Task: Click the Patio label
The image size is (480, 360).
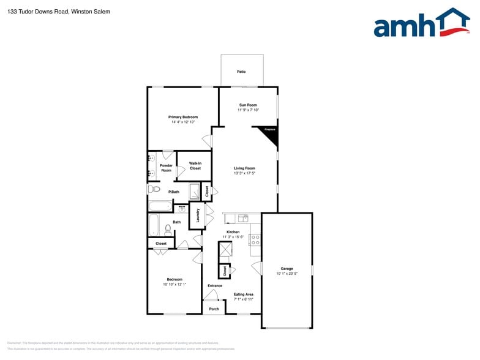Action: (x=241, y=72)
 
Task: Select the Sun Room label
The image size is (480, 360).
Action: (x=247, y=105)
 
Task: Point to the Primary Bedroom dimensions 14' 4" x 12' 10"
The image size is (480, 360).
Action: (x=183, y=122)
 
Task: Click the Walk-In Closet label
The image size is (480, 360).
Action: (x=195, y=165)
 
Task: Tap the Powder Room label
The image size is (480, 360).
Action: (x=166, y=168)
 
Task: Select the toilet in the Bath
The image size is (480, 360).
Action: (x=168, y=230)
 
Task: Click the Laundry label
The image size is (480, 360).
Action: (x=198, y=215)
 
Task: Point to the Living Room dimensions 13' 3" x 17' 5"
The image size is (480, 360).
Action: (x=244, y=173)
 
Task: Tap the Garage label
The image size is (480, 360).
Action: (x=287, y=269)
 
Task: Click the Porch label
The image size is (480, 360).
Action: (x=214, y=309)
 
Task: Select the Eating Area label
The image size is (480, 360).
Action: (x=244, y=294)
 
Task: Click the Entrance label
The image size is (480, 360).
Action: (x=215, y=285)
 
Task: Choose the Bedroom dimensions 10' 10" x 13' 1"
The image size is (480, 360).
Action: (x=174, y=284)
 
